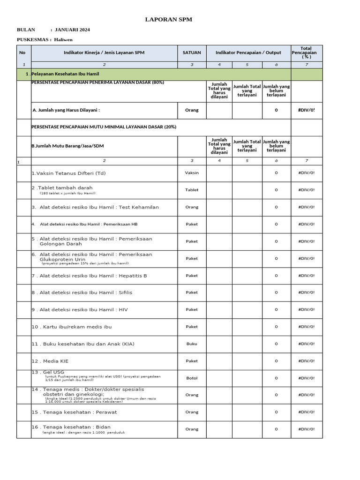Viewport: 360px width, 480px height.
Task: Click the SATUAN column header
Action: tap(192, 52)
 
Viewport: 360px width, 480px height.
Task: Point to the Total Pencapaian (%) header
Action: tap(307, 52)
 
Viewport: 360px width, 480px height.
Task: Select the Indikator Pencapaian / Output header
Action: tap(247, 52)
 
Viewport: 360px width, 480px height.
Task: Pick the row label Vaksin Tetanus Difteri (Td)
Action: tap(68, 173)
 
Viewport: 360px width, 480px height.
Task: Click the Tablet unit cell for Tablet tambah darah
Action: tap(192, 190)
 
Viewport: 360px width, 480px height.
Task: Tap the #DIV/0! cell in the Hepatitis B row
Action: tap(307, 276)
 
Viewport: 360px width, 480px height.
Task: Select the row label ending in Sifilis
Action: tap(82, 292)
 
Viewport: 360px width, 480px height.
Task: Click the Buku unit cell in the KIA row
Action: tap(192, 344)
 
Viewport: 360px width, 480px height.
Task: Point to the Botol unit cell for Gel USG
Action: tap(192, 378)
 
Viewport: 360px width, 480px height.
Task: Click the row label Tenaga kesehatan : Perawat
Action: tap(74, 412)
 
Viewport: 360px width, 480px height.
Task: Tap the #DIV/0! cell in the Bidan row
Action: tap(307, 429)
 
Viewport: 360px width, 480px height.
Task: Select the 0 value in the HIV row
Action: tap(276, 309)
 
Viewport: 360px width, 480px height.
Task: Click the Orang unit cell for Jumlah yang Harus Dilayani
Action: tap(192, 110)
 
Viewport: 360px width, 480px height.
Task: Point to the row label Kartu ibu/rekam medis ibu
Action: tap(72, 326)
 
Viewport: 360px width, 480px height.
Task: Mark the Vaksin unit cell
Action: tap(192, 172)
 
